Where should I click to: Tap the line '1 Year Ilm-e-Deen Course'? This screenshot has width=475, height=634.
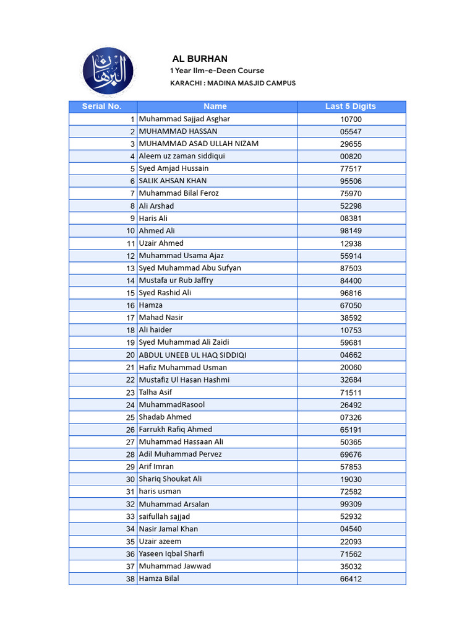tap(217, 71)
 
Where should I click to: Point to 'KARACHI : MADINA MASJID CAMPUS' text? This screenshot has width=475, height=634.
tap(233, 83)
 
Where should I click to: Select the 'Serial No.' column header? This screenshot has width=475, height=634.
tap(102, 106)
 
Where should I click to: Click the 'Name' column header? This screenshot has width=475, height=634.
tap(215, 106)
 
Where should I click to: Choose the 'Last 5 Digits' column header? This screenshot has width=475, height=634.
tap(351, 106)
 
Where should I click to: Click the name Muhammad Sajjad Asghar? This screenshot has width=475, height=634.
tap(184, 119)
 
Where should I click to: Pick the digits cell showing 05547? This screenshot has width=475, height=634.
tap(351, 131)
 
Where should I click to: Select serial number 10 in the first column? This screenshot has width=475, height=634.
tap(130, 231)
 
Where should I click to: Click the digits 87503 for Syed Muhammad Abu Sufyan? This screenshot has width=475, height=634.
tap(351, 268)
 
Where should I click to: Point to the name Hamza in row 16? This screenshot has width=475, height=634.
tap(151, 305)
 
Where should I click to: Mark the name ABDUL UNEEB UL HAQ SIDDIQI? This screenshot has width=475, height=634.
tap(192, 355)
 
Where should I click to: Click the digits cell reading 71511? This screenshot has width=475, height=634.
tap(351, 393)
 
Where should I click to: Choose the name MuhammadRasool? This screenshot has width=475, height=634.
tap(171, 405)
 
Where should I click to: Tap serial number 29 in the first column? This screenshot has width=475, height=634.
tap(130, 467)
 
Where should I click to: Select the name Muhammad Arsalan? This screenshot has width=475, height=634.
tap(174, 504)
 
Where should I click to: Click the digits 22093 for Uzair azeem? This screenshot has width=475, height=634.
tap(351, 541)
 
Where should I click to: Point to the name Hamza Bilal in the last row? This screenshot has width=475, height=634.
tap(159, 578)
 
